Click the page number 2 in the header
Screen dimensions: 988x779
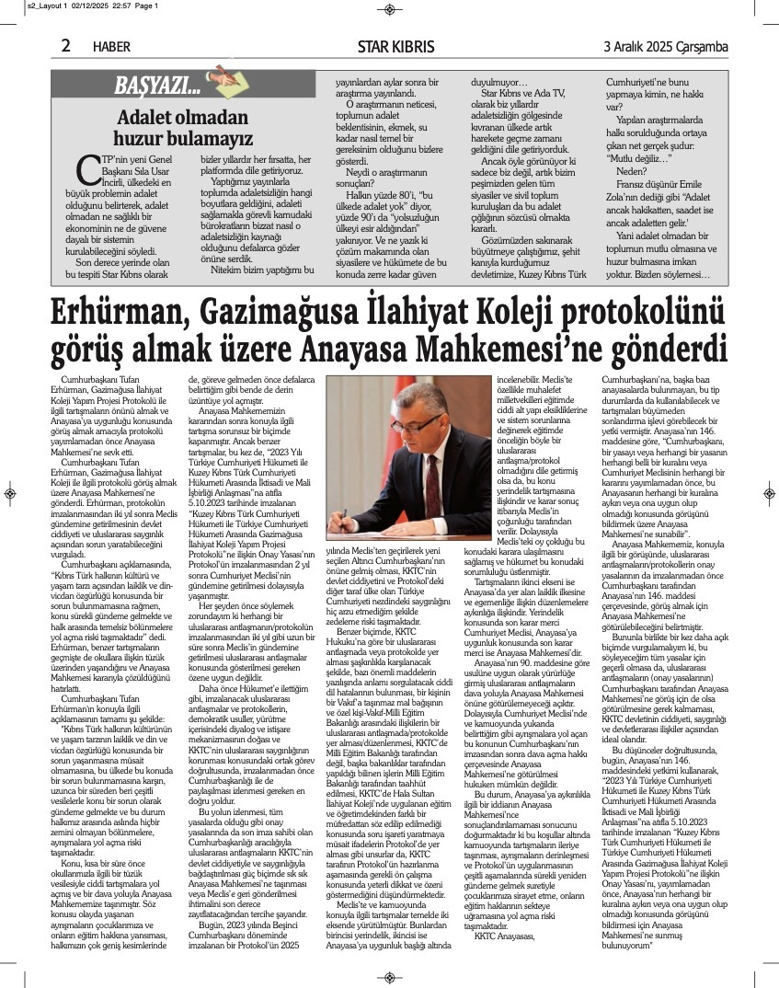[x=66, y=45]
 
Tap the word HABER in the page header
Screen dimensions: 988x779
[x=112, y=46]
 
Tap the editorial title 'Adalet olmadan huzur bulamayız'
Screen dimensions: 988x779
[x=184, y=130]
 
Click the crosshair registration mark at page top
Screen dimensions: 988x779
[x=390, y=9]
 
